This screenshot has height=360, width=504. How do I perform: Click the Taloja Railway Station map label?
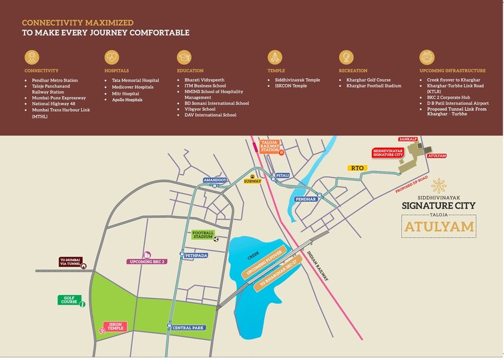point(269,146)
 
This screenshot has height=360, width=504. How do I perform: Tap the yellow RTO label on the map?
point(357,168)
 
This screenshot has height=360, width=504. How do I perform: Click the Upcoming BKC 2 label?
point(146,260)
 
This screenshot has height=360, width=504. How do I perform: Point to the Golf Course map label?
point(69,300)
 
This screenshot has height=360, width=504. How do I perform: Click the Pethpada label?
point(196,254)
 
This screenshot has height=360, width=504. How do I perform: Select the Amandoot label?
point(216,180)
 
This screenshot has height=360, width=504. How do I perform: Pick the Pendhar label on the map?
point(306,199)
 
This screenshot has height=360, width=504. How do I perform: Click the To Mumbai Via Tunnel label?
point(70,262)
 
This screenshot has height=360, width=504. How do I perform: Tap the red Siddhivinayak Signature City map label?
point(388,153)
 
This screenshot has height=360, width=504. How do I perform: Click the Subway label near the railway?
point(252,180)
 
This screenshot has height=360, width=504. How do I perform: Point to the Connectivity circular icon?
point(31,57)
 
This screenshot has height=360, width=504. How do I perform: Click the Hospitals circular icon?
point(111,57)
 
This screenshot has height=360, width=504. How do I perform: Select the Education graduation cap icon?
point(184,57)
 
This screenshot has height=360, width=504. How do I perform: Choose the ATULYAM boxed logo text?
point(439,227)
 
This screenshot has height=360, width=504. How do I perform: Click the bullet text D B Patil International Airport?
point(458,104)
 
